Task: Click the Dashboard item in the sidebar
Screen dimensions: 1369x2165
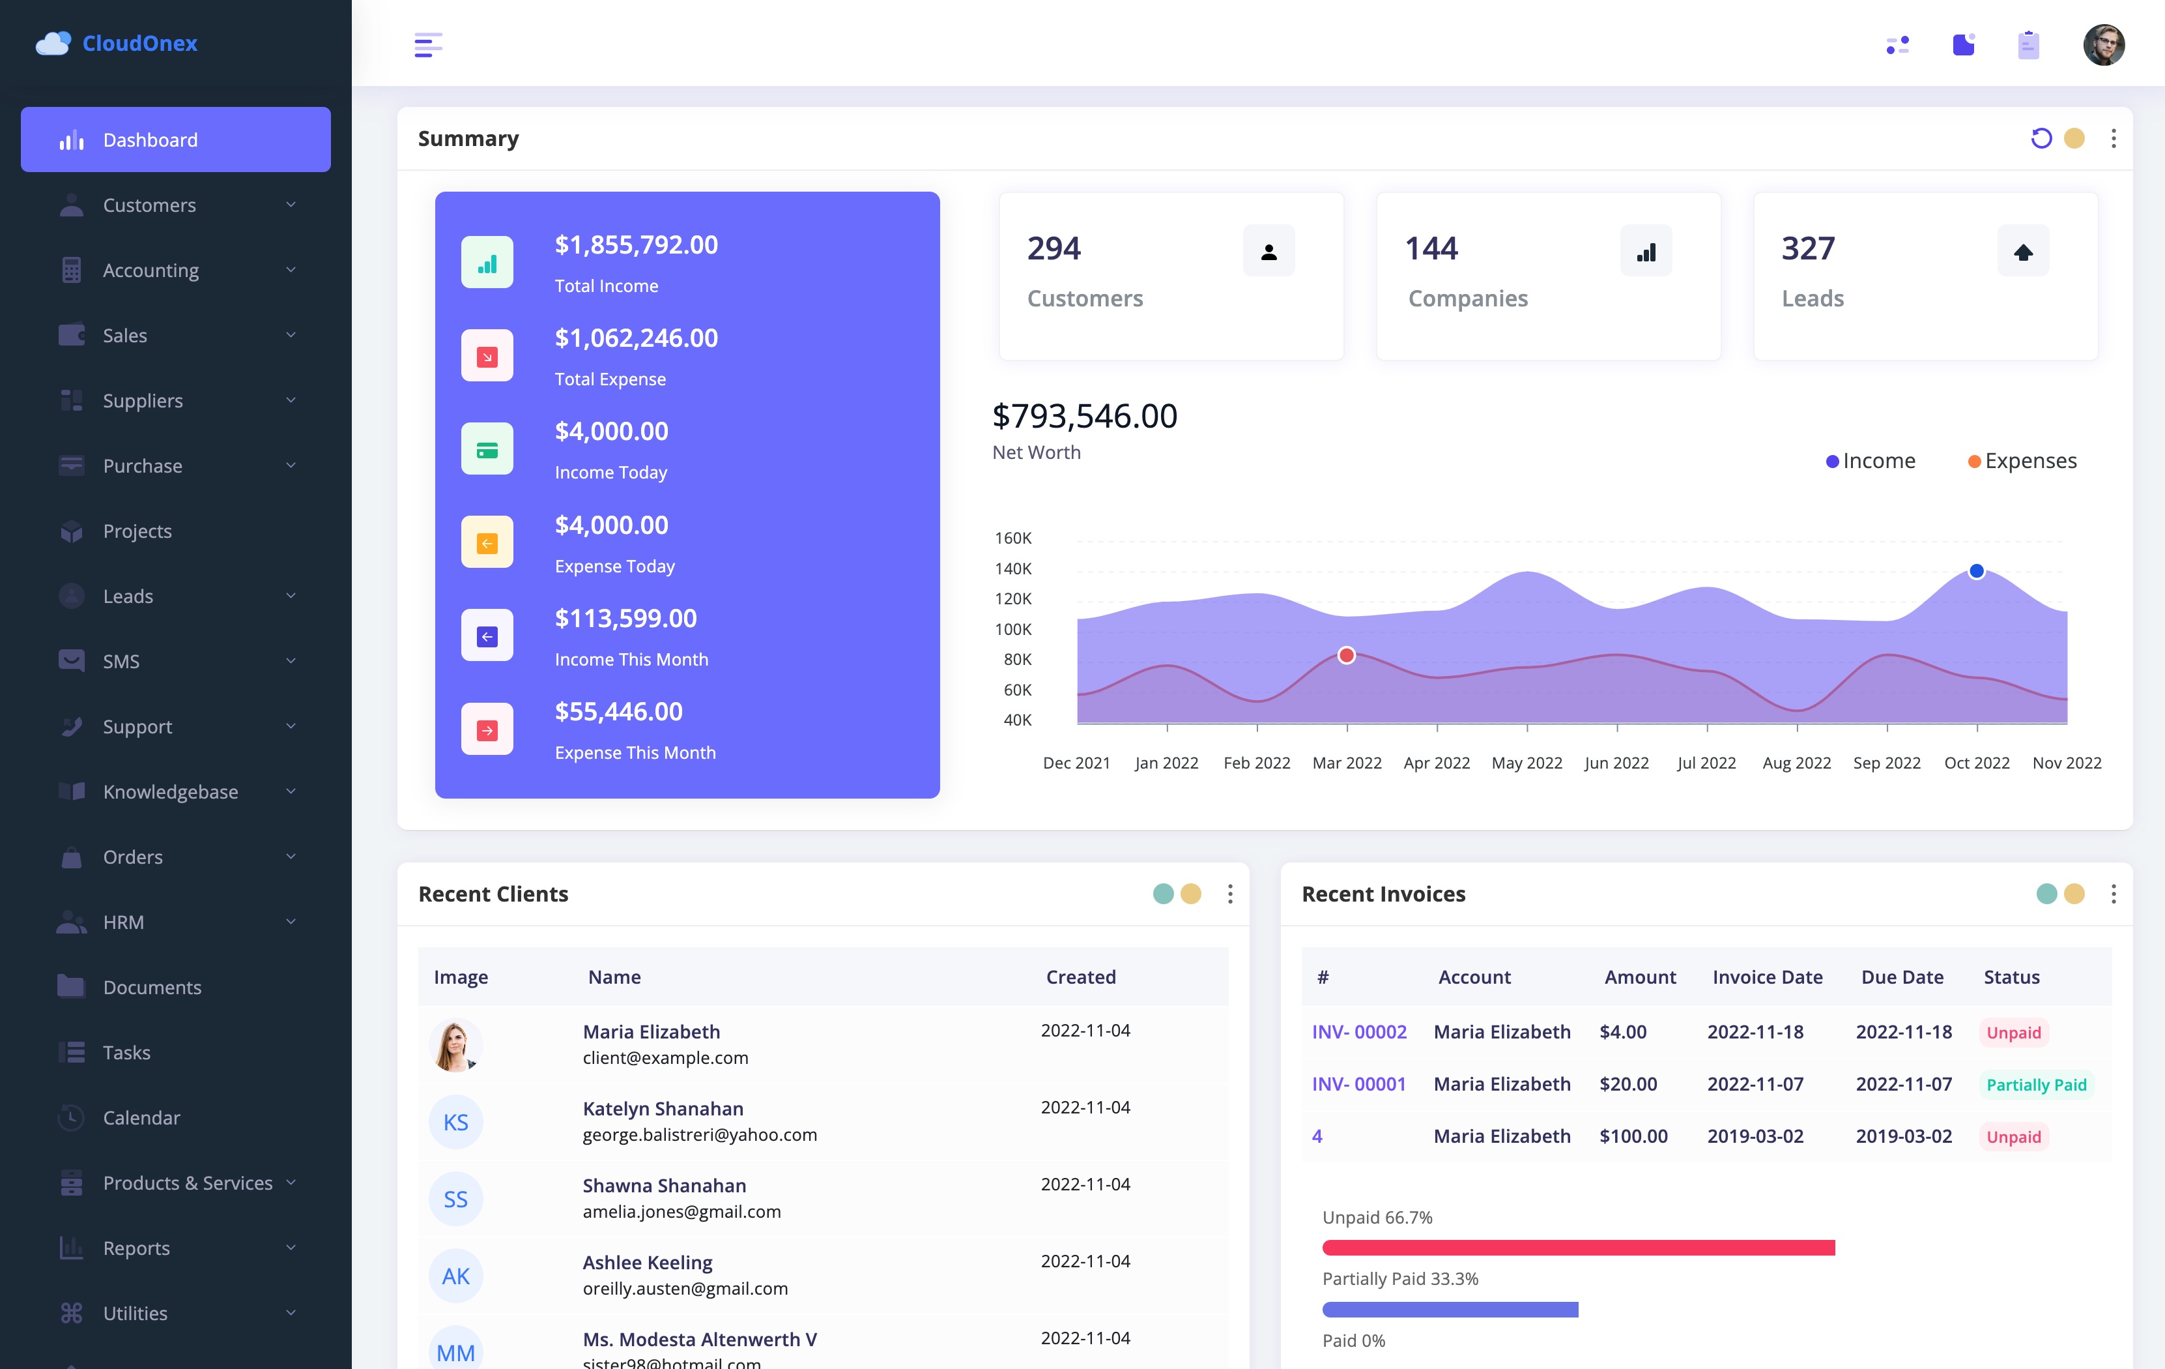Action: click(175, 140)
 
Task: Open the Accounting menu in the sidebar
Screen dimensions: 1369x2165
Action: click(175, 271)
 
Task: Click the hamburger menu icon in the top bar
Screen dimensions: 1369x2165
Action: click(428, 44)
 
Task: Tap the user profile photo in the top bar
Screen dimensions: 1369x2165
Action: click(2103, 44)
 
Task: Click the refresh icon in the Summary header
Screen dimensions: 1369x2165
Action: click(2041, 138)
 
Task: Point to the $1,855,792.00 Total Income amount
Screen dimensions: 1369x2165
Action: click(636, 244)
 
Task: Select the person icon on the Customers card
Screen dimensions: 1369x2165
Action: click(1269, 252)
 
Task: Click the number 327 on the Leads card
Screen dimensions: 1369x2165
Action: click(1808, 248)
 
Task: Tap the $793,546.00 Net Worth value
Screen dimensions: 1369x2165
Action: click(1084, 415)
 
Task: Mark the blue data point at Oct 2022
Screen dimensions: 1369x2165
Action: click(1976, 571)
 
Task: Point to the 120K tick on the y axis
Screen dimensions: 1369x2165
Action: click(1013, 599)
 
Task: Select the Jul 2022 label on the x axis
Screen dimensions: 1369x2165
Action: click(1706, 763)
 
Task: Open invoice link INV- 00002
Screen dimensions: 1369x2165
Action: click(1358, 1032)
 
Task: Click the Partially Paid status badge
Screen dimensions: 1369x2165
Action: click(2035, 1085)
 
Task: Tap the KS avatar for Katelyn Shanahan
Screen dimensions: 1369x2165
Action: click(456, 1123)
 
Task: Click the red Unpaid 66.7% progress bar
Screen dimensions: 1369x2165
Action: click(1578, 1248)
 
